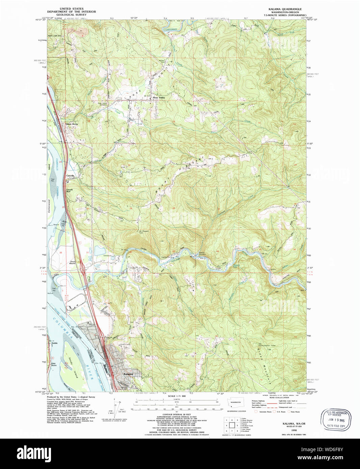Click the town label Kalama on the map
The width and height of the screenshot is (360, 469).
coord(128,374)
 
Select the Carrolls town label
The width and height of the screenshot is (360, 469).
coord(70,176)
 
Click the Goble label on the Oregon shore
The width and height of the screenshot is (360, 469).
coord(55,343)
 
